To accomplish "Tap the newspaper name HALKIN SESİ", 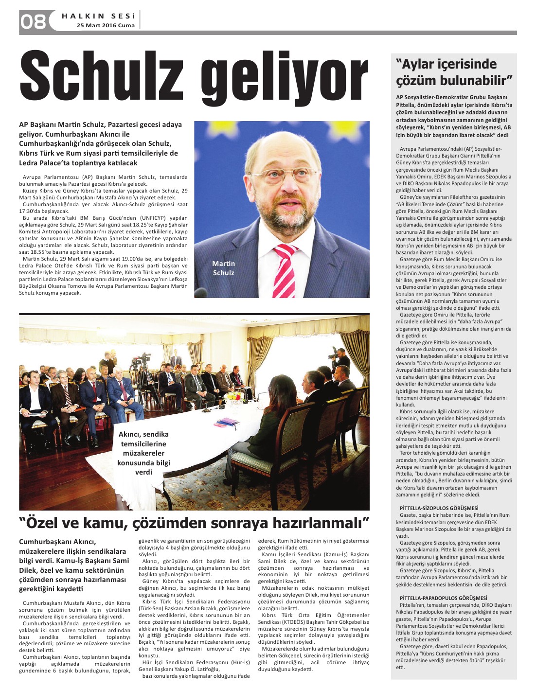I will click(98, 16).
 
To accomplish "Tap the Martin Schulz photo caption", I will click(223, 268).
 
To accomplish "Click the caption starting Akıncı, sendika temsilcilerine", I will click(143, 453).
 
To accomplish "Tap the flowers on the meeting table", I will click(235, 396).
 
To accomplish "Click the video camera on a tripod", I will click(142, 362).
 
